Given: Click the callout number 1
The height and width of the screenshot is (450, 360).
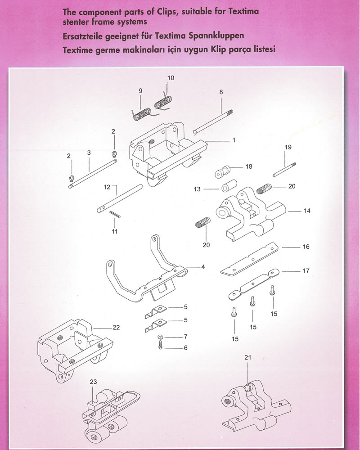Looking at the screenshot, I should tap(234, 140).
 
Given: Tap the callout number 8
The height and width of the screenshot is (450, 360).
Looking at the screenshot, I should tap(221, 92).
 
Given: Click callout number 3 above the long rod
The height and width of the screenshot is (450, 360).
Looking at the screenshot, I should tap(89, 153).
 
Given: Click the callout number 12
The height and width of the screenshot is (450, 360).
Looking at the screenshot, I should tap(107, 186).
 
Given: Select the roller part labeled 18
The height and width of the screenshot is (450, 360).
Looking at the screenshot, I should tap(222, 171).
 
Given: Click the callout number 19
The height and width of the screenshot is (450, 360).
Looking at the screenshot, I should tap(288, 147).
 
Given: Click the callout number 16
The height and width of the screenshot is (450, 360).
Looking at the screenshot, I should tap(306, 247).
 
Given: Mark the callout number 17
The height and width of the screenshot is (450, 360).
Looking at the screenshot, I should tap(306, 271).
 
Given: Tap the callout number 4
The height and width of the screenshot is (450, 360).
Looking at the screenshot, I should tap(203, 267).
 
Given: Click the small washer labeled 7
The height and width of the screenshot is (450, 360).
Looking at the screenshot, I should tap(161, 337).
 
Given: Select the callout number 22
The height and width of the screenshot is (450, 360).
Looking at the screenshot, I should tap(116, 327).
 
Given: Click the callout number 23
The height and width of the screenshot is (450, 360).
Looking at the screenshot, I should tap(93, 382).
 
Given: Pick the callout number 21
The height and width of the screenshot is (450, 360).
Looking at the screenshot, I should tap(247, 358).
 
